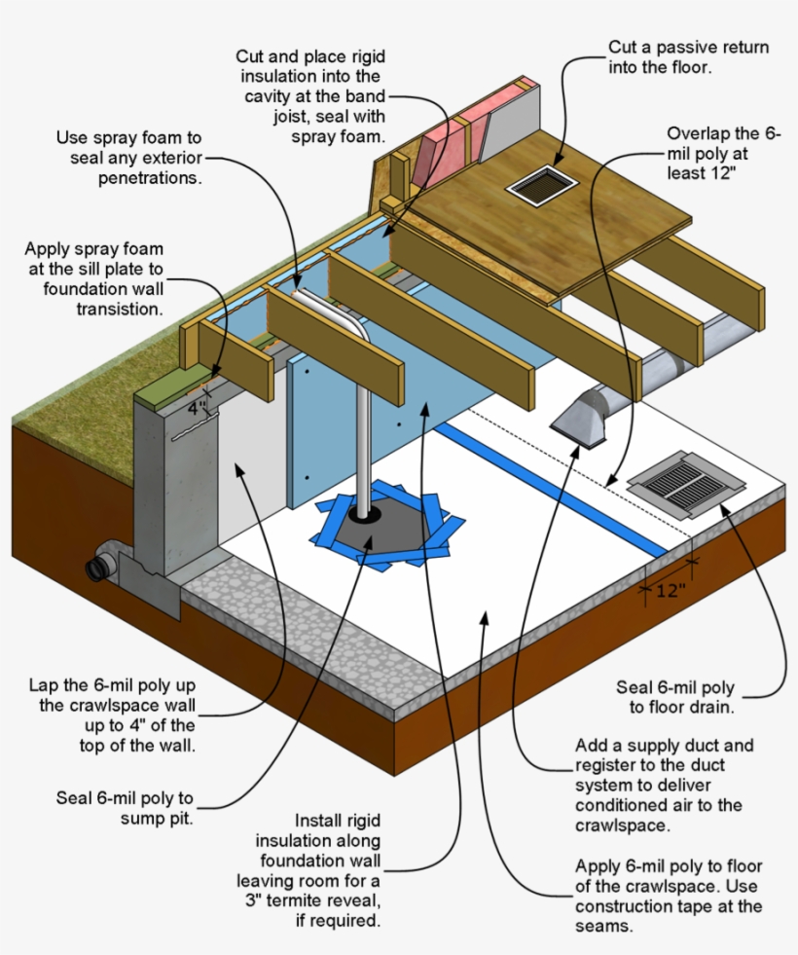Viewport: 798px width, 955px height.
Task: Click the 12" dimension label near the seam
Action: (671, 590)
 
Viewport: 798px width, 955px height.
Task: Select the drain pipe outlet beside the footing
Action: (100, 569)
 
